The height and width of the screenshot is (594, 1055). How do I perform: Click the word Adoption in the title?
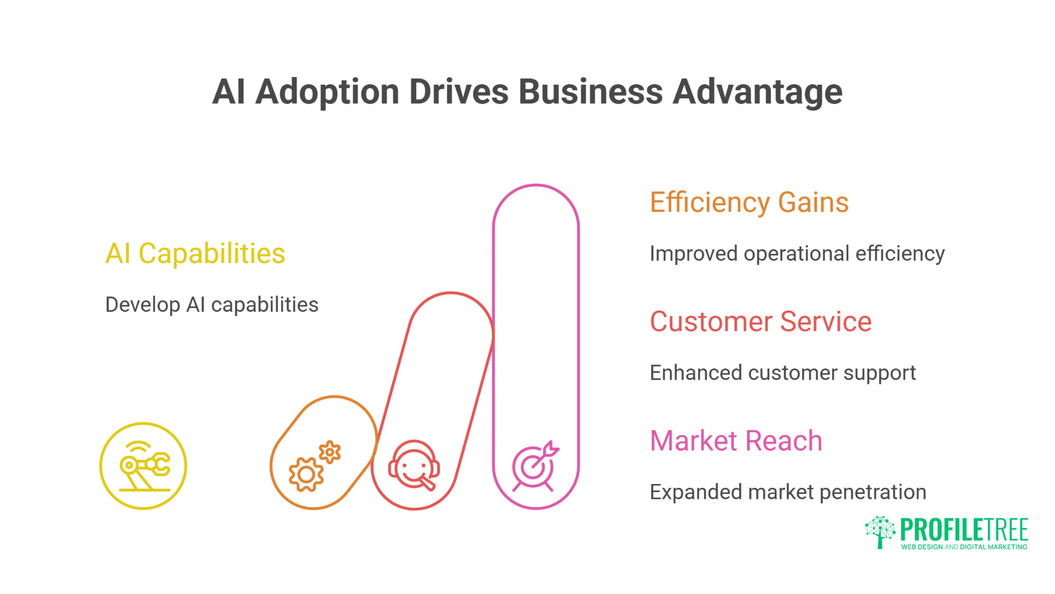coord(327,92)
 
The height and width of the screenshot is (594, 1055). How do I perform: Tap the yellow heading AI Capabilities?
coord(195,254)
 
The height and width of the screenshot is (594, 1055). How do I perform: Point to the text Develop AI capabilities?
coord(212,305)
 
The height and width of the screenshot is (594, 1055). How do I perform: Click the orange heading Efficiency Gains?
coord(749,202)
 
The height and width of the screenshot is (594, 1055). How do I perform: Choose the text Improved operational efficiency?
coord(797,254)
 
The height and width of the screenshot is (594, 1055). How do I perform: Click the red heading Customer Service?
coord(760,322)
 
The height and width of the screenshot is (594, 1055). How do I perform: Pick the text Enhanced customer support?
coord(782,373)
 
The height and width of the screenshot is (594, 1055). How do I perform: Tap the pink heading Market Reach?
coord(736,441)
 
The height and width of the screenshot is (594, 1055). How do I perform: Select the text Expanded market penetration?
coord(787,492)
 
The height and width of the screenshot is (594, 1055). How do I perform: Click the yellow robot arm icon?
coord(143,466)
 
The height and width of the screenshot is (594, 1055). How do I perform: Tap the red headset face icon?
coord(414,465)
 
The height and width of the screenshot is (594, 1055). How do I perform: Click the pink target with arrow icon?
coord(535,466)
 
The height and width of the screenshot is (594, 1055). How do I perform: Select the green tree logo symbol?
coord(880,531)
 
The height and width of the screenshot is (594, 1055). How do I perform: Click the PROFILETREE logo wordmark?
coord(964,530)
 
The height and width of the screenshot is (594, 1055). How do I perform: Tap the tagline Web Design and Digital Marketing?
coord(964,547)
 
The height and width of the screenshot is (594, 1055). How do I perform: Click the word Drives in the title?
coord(459,92)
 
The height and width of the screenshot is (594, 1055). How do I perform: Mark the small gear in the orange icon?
coord(330,452)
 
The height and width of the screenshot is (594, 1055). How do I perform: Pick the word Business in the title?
coord(591,92)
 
